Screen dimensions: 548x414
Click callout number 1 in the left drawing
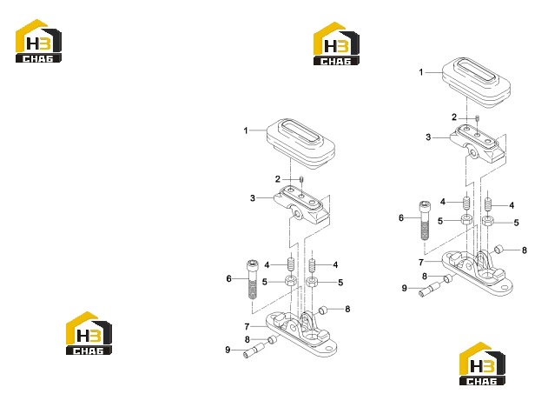[x=246, y=130]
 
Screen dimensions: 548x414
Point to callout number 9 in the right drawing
[x=405, y=289]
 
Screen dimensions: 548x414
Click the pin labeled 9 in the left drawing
[x=254, y=351]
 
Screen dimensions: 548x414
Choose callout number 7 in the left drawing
[x=247, y=327]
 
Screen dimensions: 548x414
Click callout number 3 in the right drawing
[x=428, y=137]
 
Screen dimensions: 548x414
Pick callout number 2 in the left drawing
[x=278, y=179]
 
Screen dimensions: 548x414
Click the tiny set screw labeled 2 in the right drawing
[x=478, y=119]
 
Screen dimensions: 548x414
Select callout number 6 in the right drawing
[x=401, y=218]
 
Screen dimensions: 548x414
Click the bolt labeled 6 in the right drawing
[x=424, y=220]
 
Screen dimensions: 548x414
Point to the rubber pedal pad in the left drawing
[x=300, y=144]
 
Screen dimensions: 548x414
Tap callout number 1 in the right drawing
[x=421, y=72]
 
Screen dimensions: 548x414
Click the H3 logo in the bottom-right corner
[x=482, y=364]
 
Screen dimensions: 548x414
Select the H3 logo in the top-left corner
[x=38, y=41]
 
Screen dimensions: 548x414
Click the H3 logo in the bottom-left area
[x=89, y=333]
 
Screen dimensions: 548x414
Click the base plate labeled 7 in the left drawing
[x=301, y=334]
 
